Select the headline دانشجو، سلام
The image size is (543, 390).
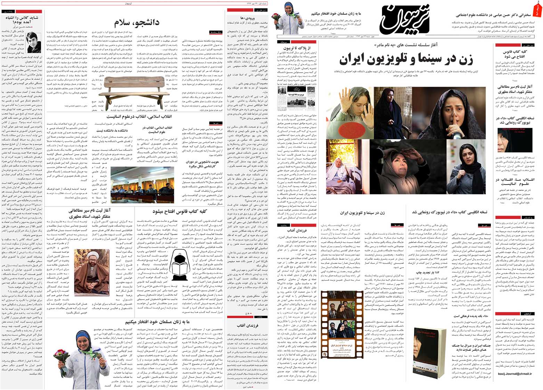coord(136,23)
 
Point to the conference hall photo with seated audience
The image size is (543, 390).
coord(142,182)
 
